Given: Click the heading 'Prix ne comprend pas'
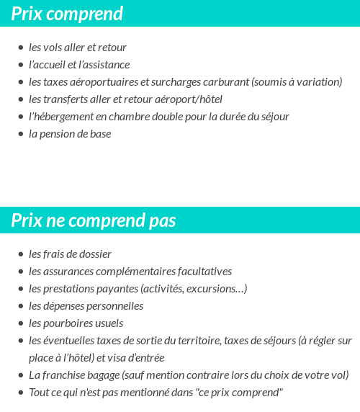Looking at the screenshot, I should pos(93,220).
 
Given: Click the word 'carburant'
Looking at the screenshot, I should pos(225,82).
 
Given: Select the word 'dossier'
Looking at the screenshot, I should pos(94,254).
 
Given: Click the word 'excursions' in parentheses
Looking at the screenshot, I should pos(215,289).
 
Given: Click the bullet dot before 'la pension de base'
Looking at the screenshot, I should pos(20,134).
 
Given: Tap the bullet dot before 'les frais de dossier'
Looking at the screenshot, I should pos(20,254).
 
